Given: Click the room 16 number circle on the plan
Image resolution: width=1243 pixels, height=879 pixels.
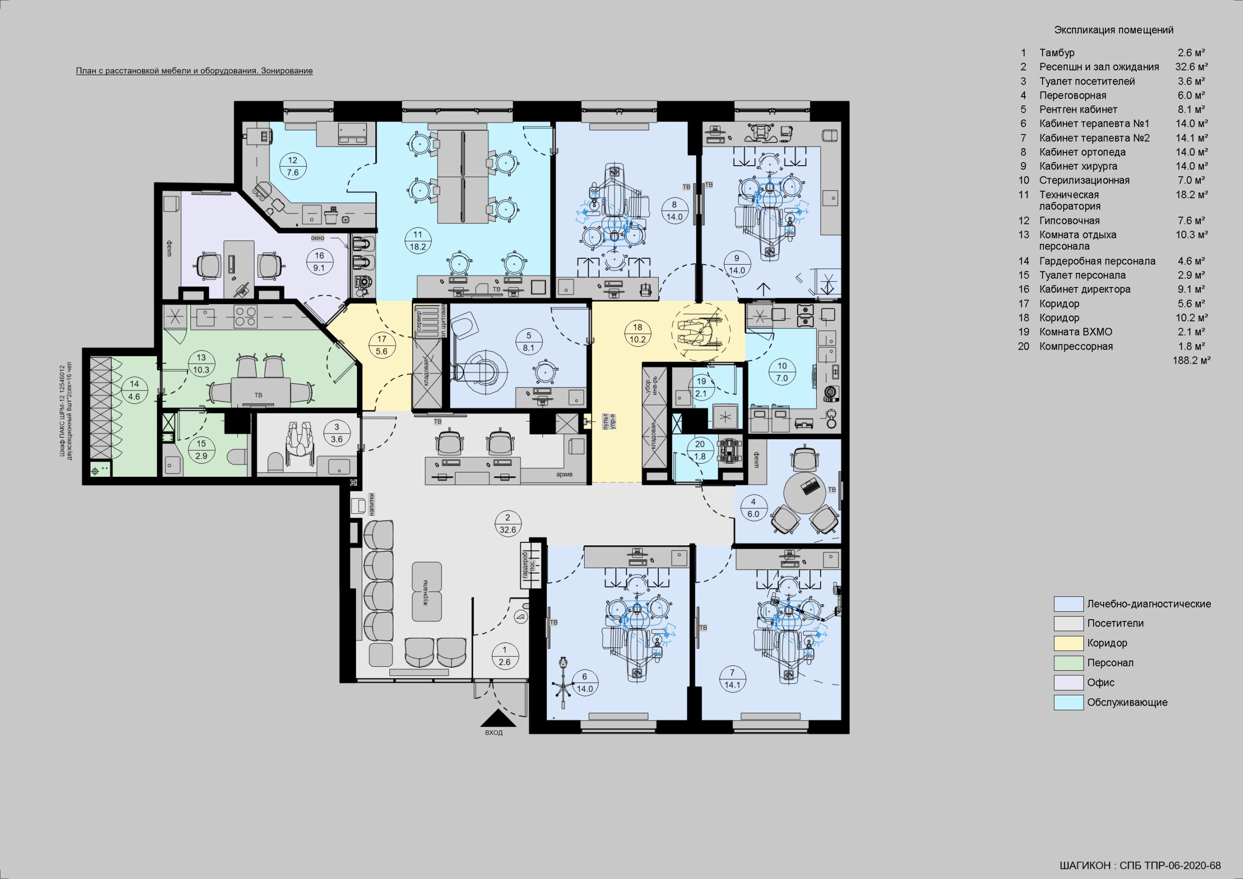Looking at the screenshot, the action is click(319, 262).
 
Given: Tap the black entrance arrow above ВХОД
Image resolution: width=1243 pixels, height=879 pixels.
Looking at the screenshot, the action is click(498, 719).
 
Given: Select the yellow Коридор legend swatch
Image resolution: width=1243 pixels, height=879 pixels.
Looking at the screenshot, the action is click(1068, 643).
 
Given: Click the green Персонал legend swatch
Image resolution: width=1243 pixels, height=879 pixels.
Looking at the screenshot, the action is click(1068, 662).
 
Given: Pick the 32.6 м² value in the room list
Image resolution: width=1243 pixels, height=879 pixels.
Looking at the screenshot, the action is click(1192, 67).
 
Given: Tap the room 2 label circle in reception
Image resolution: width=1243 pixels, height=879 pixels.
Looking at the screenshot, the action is click(508, 524).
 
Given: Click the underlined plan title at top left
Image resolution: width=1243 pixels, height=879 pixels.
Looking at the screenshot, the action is click(194, 71).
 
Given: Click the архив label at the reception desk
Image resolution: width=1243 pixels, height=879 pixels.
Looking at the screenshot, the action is click(564, 474).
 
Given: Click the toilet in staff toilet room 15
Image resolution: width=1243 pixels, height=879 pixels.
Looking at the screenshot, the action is click(236, 456).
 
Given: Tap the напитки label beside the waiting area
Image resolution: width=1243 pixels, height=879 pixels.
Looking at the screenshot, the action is click(372, 504).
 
